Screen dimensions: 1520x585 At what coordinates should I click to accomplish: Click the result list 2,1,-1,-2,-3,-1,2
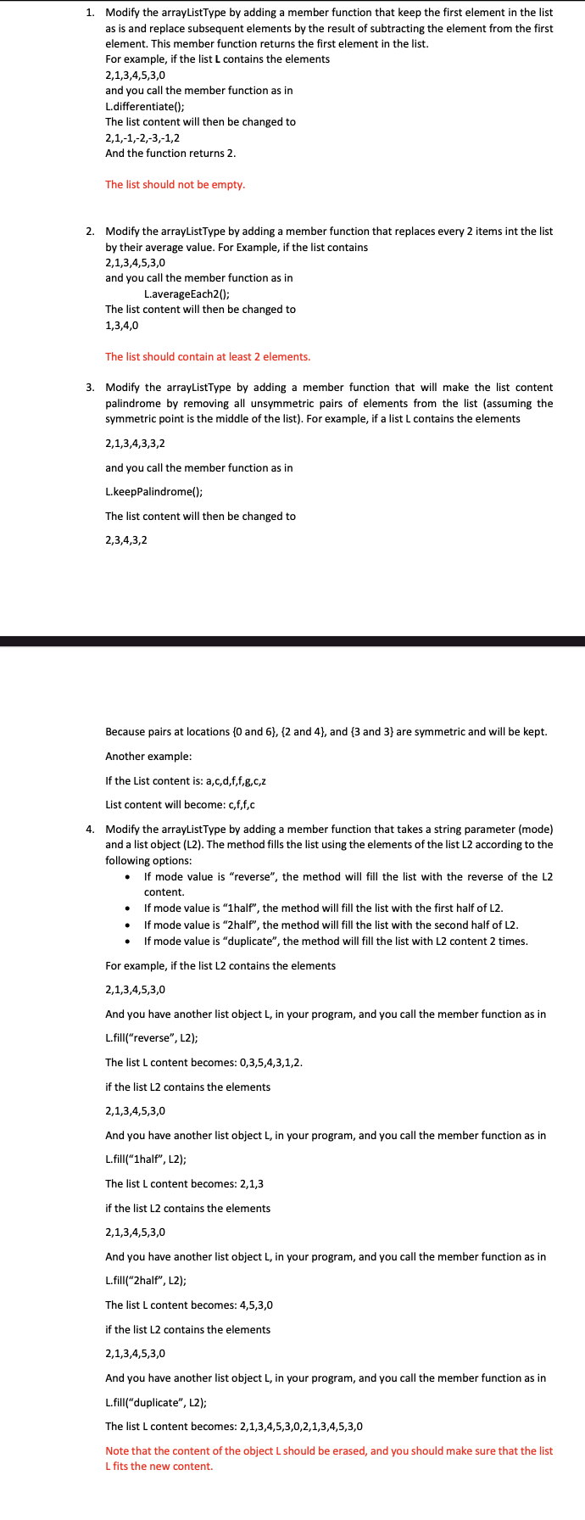pos(142,137)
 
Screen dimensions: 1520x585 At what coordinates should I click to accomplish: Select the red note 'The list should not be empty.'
pos(175,184)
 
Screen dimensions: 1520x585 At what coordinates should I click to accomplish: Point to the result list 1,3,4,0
pos(122,325)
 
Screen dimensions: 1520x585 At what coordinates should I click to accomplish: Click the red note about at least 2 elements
pos(208,356)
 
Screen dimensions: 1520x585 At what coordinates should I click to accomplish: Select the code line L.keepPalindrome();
pos(154,492)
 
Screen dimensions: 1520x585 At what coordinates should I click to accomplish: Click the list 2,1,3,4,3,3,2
pos(135,443)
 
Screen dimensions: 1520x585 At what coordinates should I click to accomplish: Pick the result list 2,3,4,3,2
pos(126,539)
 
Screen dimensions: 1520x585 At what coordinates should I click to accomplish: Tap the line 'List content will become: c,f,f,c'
pos(180,804)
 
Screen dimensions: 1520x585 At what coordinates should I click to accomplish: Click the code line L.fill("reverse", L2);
pos(152,1038)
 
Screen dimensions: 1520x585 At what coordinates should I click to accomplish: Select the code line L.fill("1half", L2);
pos(146,1160)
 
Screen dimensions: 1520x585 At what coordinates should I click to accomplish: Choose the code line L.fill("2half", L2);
pos(146,1281)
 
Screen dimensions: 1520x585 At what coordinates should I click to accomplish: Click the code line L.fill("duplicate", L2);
pos(156,1402)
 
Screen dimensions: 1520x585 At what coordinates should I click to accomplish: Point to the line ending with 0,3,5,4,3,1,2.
pos(203,1062)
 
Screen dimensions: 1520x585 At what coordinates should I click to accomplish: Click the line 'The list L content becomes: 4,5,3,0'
pos(189,1305)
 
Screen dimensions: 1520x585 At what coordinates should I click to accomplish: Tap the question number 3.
pos(90,388)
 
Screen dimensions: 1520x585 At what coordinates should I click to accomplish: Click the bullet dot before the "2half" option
pos(127,925)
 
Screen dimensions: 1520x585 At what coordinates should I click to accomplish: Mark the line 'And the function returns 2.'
pos(170,153)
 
